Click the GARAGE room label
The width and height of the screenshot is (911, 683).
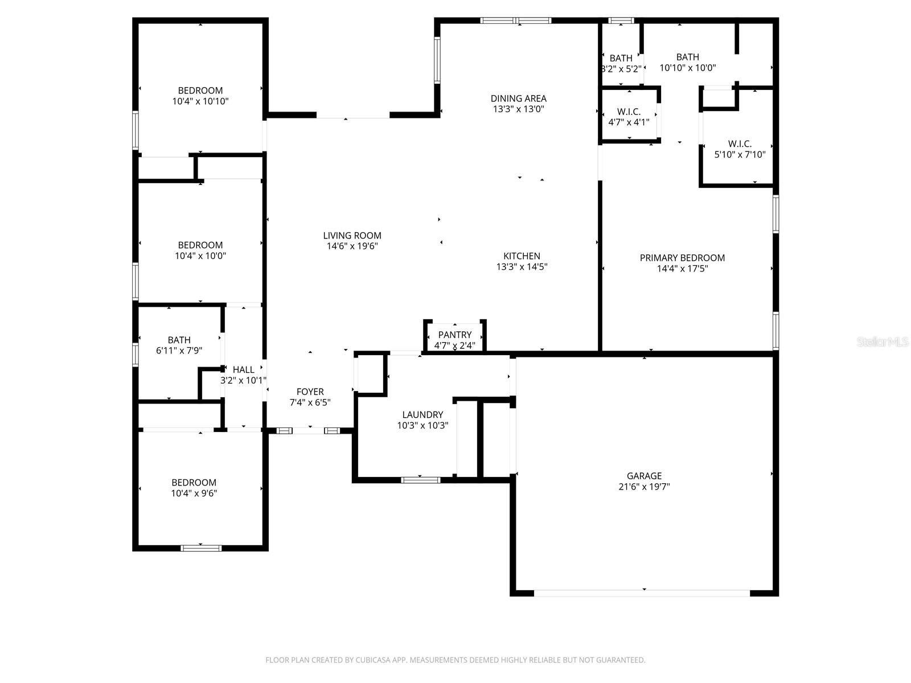(x=644, y=476)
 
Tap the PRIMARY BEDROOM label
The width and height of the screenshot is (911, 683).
(x=682, y=258)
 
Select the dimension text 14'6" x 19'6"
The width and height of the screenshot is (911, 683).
(x=352, y=246)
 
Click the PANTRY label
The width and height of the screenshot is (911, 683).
(x=454, y=335)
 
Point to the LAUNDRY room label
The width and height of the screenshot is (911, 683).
(x=422, y=415)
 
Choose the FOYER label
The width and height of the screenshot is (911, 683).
(x=310, y=392)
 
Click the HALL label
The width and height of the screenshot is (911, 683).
(x=244, y=369)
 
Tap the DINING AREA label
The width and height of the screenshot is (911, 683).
(x=518, y=98)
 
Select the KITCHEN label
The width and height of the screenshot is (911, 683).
(x=522, y=256)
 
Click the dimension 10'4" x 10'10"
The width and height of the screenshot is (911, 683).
(x=200, y=101)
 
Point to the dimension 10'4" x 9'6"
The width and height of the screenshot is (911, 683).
(x=194, y=493)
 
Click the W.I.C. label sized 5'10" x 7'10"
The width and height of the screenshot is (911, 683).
(x=740, y=144)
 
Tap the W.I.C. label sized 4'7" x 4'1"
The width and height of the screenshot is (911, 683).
(x=629, y=112)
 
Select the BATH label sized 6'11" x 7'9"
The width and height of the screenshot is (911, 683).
(x=179, y=340)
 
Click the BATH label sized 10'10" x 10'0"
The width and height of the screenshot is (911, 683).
(x=687, y=57)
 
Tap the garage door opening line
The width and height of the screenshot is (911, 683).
(x=642, y=593)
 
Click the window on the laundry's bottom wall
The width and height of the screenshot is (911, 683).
(x=421, y=480)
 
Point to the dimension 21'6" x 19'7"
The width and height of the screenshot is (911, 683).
(x=644, y=487)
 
